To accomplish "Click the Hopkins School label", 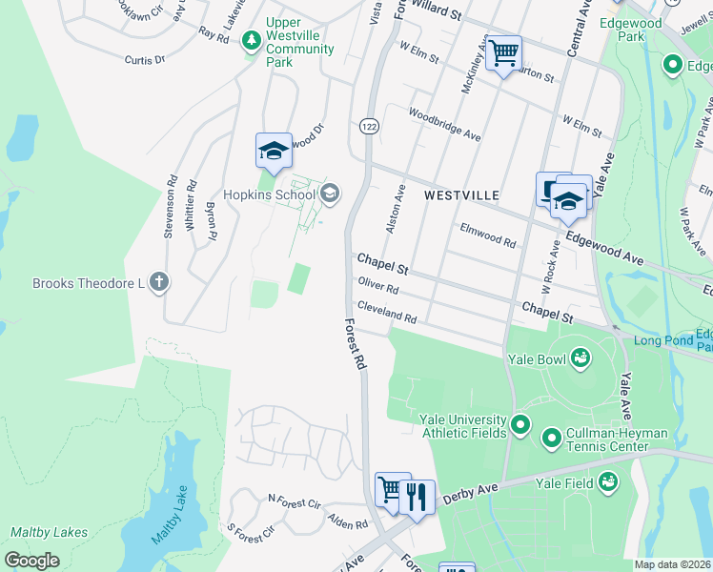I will tap(269, 195).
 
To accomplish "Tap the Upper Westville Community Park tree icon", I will tap(251, 40).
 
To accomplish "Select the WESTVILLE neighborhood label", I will tap(462, 194).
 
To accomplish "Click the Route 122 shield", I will tap(367, 126).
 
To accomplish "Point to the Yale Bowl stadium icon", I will tap(580, 358).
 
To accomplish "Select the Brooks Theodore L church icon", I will tap(159, 282).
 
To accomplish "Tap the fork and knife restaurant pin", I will tap(417, 496).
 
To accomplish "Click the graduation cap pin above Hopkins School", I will tap(274, 150).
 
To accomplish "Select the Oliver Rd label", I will tap(377, 285).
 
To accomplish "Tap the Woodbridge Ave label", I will tap(444, 124).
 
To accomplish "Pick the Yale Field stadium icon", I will tap(606, 483).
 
